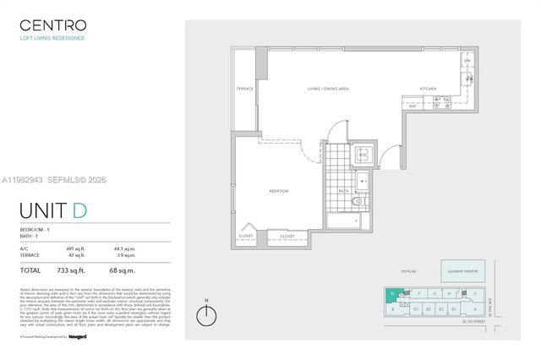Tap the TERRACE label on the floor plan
[x=245, y=88]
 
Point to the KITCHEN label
[x=429, y=88]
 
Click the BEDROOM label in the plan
[x=279, y=191]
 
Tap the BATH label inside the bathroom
[x=343, y=191]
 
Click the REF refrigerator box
[x=413, y=106]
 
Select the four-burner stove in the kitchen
[x=440, y=104]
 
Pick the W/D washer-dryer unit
[x=363, y=155]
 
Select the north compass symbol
[x=206, y=316]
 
